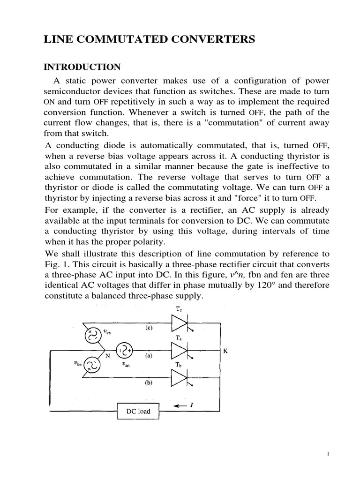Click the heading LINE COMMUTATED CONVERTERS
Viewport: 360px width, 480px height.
pyautogui.click(x=150, y=40)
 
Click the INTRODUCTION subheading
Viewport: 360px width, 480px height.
pyautogui.click(x=82, y=67)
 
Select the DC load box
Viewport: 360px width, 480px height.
pyautogui.click(x=138, y=411)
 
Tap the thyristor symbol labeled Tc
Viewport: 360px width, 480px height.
pyautogui.click(x=180, y=323)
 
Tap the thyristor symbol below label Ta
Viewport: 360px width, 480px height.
pyautogui.click(x=180, y=351)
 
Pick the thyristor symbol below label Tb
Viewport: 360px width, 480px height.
pyautogui.click(x=180, y=378)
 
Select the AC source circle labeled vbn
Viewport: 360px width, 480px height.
pyautogui.click(x=90, y=366)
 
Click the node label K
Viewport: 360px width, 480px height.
pyautogui.click(x=225, y=350)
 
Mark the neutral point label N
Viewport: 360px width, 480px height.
pyautogui.click(x=107, y=355)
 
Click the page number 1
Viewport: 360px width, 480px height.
pyautogui.click(x=329, y=454)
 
